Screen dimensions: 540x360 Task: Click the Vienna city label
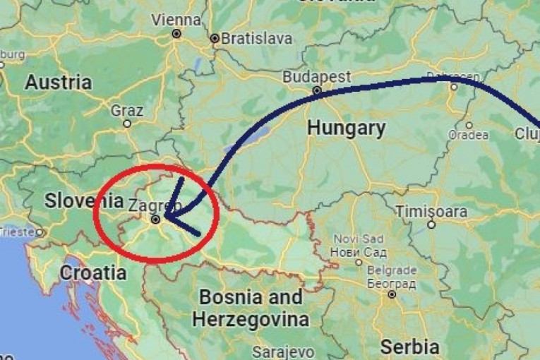tap(176, 19)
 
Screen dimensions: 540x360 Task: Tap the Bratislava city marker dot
tap(215, 38)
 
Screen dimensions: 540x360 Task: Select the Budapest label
tap(316, 76)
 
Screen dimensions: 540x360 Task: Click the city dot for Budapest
tap(317, 90)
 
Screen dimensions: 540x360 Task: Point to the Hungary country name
tap(347, 128)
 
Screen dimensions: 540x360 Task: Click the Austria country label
tap(59, 82)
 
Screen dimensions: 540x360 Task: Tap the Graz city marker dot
tap(127, 124)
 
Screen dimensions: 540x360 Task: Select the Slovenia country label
tap(79, 200)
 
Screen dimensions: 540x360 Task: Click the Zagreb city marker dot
tap(156, 219)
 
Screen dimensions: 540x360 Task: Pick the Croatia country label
tap(93, 272)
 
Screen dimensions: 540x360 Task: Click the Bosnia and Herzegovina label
tap(251, 308)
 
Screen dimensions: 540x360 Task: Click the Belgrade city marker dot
tap(392, 294)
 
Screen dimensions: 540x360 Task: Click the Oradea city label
tap(468, 135)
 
